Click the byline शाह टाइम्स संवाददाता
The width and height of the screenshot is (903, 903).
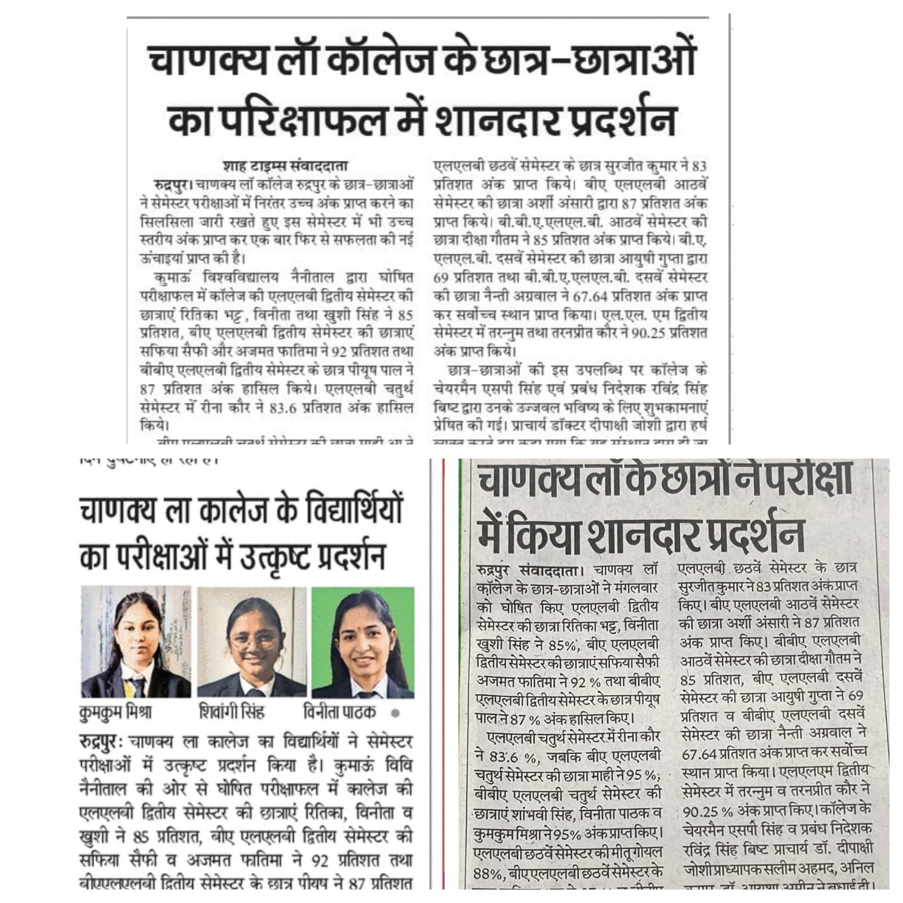coord(285,167)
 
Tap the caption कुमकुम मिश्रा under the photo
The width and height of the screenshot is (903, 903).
coord(116,712)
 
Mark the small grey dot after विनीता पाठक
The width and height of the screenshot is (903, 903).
coord(395,713)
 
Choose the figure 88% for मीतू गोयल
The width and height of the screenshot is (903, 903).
coord(488,873)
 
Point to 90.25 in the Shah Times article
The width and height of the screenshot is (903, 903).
coord(649,333)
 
